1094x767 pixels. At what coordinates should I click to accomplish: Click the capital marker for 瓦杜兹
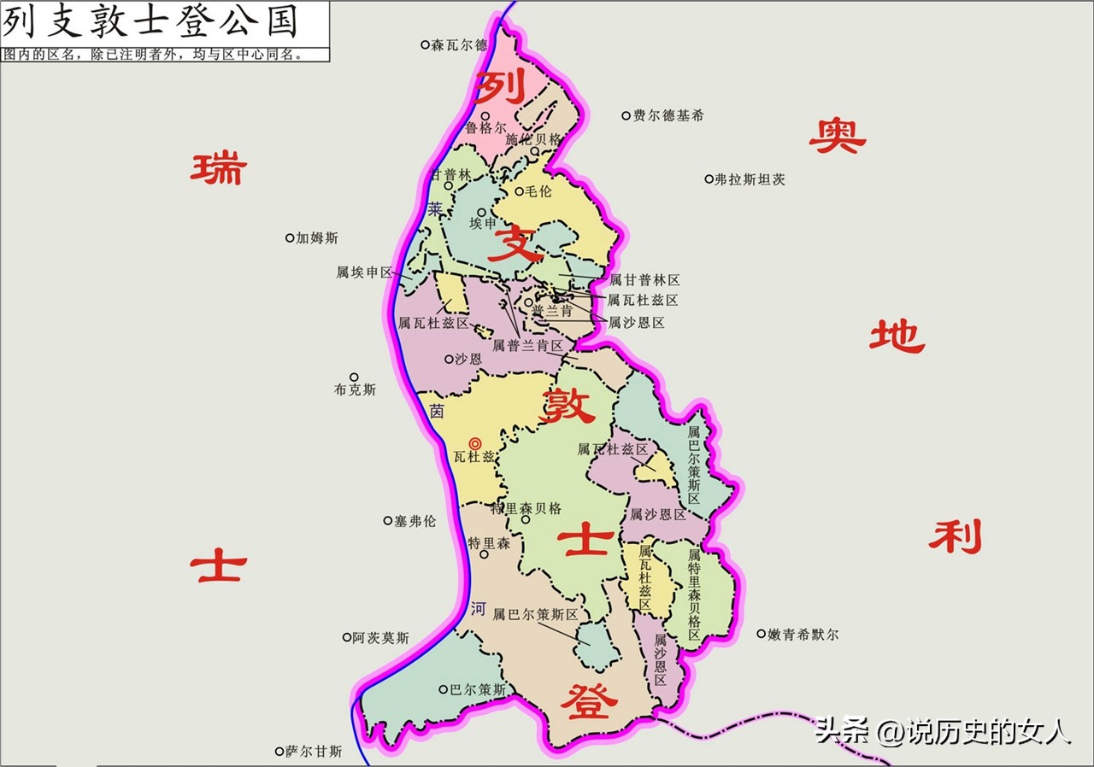[x=476, y=442]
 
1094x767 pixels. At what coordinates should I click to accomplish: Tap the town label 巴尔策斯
[x=479, y=689]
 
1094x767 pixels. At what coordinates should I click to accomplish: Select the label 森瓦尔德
[x=459, y=44]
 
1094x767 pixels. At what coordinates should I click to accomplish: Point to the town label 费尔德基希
[x=668, y=115]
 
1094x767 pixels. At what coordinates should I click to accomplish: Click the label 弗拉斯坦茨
[x=750, y=179]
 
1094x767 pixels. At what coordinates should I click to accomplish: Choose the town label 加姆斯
[x=317, y=238]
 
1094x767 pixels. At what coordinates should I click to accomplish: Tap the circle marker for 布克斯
[x=354, y=377]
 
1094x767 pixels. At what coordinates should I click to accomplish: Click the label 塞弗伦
[x=415, y=520]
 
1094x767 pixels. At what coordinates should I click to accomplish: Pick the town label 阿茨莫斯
[x=381, y=637]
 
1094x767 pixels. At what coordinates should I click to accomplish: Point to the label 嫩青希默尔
[x=803, y=635]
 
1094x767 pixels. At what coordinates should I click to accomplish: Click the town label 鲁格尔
[x=486, y=128]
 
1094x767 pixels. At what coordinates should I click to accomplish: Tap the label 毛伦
[x=538, y=191]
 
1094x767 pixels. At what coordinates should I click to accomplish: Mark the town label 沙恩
[x=468, y=360]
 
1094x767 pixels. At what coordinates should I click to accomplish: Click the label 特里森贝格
[x=526, y=508]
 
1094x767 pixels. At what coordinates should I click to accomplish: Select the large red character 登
[x=588, y=702]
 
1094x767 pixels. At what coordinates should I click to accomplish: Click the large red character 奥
[x=837, y=136]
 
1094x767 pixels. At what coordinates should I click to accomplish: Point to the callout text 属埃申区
[x=364, y=272]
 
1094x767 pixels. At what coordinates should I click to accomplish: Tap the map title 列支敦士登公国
[x=150, y=21]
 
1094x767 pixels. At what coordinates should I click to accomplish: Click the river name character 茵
[x=437, y=411]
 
